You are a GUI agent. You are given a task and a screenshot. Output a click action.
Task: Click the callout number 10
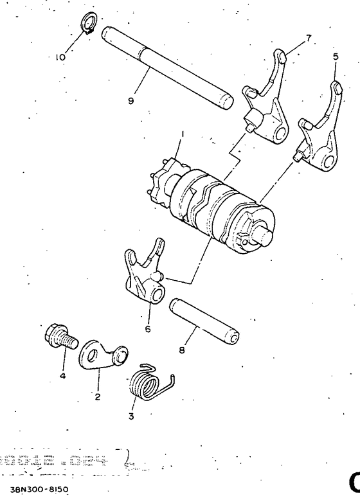(x=60, y=57)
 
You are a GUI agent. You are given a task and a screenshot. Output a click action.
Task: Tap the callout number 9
(x=130, y=101)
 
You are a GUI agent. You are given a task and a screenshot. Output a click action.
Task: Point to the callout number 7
(x=309, y=38)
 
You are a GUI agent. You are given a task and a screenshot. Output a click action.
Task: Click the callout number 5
(x=334, y=57)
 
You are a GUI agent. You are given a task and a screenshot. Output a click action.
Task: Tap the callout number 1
(x=183, y=134)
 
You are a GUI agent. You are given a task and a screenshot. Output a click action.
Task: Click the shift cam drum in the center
(x=212, y=202)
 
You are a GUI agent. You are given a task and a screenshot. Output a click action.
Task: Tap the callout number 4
(x=62, y=376)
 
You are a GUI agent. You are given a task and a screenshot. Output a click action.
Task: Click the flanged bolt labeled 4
(x=59, y=337)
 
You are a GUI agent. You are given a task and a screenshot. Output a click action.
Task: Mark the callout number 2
(x=98, y=396)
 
